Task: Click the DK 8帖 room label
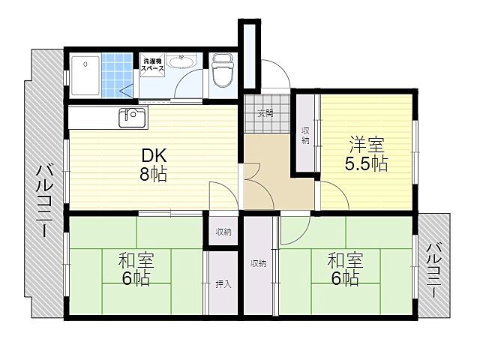[154, 165]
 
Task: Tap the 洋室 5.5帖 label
[367, 154]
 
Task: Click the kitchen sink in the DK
[132, 118]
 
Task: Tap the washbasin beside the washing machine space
[187, 63]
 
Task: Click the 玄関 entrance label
[265, 114]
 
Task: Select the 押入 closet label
[223, 284]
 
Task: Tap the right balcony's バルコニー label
[435, 268]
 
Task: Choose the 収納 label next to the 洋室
[306, 136]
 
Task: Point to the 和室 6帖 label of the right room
[345, 270]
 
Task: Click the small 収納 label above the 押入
[223, 232]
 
